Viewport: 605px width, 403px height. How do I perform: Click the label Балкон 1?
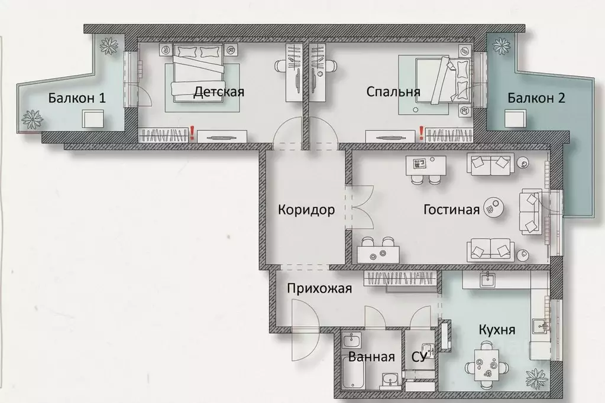coord(77,98)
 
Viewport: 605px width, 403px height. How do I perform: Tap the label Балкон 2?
coord(536,98)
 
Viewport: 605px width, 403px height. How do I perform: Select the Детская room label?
coord(219,92)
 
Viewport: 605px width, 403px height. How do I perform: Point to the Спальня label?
coord(393,92)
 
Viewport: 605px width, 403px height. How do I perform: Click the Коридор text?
coord(306,210)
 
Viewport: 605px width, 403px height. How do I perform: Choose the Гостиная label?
coord(451,210)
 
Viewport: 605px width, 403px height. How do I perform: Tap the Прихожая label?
coord(320,289)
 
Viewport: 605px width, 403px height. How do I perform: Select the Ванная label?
coord(371,357)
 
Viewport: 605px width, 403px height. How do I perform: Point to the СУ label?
coord(419,357)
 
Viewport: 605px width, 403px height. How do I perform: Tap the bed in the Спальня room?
coord(441,80)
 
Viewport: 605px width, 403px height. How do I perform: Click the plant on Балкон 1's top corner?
coord(108,45)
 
